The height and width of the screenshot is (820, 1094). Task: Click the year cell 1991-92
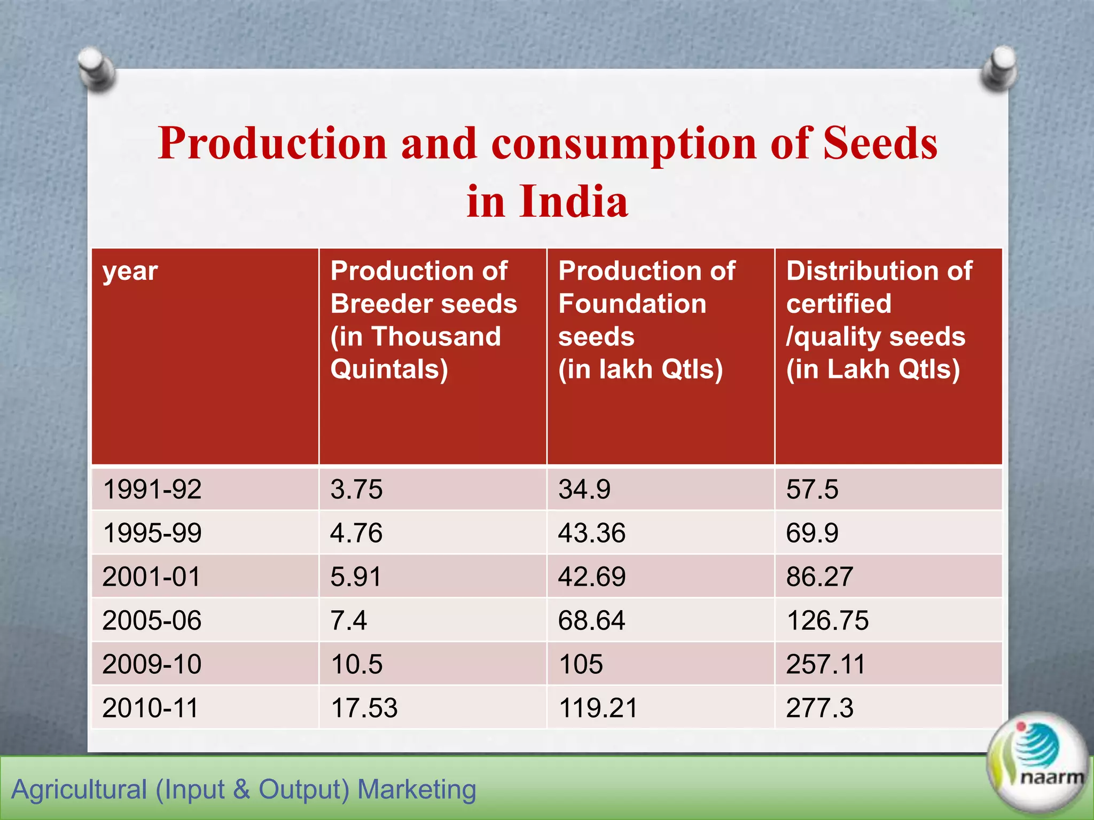click(152, 490)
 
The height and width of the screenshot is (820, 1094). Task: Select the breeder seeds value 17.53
click(364, 708)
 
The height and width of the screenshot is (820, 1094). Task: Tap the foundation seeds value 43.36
click(592, 533)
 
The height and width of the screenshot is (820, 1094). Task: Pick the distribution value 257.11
click(825, 665)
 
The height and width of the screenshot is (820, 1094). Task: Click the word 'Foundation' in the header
click(632, 304)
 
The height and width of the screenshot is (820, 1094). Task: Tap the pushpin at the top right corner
click(999, 67)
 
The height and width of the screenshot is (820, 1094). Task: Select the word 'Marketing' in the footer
click(417, 790)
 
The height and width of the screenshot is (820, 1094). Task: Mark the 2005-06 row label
click(152, 621)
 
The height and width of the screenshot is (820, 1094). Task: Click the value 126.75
click(827, 621)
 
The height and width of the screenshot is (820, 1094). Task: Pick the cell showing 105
click(581, 665)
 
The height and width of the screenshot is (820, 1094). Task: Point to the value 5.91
click(356, 577)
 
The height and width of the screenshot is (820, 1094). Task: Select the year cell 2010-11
click(150, 708)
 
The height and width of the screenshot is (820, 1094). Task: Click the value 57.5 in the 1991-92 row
click(812, 490)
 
